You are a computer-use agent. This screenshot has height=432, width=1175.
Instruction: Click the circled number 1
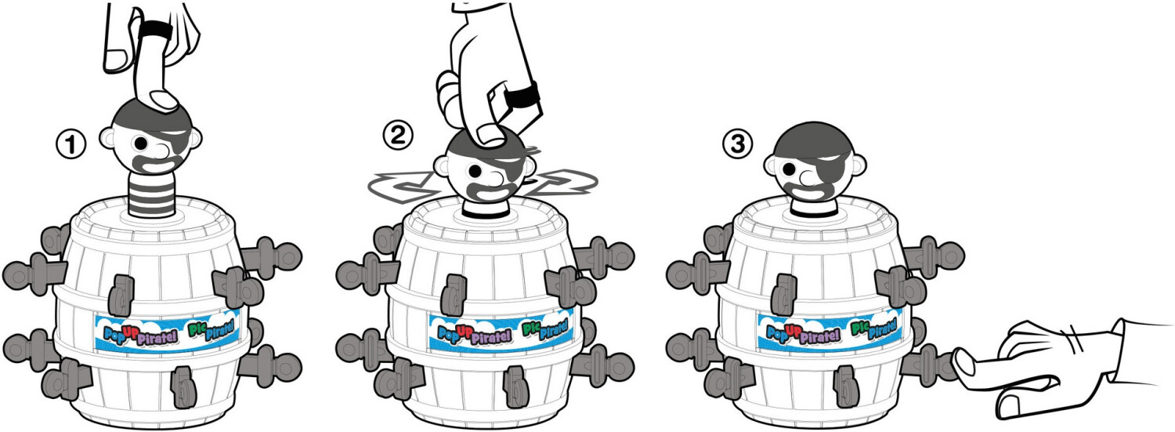(x=70, y=144)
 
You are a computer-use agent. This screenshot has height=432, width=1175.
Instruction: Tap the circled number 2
(x=398, y=136)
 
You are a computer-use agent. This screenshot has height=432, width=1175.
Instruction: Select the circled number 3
(x=738, y=143)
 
